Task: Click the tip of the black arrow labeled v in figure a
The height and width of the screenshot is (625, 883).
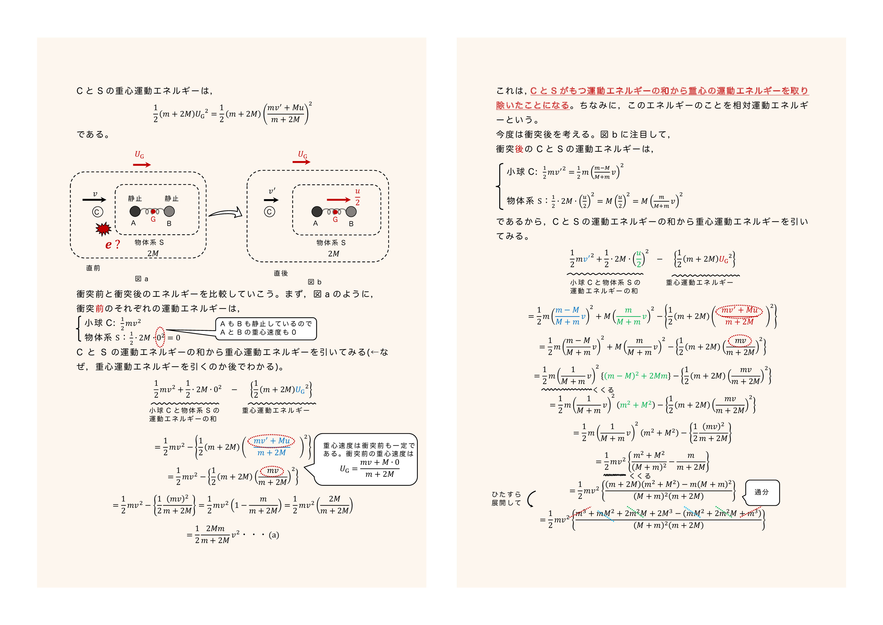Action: tap(106, 199)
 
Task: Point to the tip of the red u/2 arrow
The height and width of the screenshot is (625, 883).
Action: tap(351, 200)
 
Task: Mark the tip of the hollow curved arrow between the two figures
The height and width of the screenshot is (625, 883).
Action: tap(242, 212)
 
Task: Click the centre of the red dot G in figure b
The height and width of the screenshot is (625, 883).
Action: tap(335, 212)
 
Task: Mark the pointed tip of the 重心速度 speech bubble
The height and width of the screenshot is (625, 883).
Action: tap(304, 468)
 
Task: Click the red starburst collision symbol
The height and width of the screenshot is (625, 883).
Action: tap(103, 228)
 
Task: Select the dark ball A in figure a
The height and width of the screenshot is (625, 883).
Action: tap(135, 211)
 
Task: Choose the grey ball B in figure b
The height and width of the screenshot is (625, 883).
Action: tap(351, 211)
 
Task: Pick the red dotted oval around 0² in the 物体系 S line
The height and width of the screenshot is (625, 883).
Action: tap(160, 337)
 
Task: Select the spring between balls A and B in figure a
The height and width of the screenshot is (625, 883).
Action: tap(152, 211)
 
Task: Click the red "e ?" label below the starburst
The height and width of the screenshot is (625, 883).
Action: tap(112, 245)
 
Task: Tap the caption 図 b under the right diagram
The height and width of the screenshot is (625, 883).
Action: tap(315, 282)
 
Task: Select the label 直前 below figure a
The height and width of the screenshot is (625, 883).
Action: tap(93, 268)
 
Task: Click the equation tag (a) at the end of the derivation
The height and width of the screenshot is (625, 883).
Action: tap(274, 535)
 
